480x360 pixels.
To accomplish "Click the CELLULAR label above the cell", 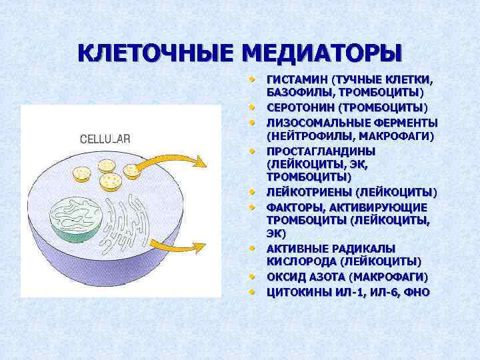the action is point(105,139).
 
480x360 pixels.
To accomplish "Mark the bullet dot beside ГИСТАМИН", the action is point(253,79).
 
